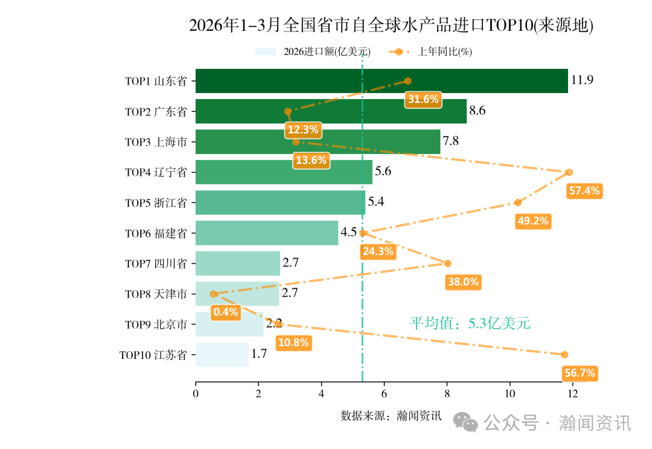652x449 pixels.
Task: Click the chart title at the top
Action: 391,25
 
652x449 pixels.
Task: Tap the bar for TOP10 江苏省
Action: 222,354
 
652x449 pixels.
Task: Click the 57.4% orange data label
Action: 584,191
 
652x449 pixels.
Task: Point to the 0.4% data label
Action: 226,312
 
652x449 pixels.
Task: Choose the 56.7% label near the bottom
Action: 580,373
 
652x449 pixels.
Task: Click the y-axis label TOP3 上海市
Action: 156,142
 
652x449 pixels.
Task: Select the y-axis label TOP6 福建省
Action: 156,233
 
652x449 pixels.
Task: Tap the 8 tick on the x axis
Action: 447,394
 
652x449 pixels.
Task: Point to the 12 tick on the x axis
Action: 572,394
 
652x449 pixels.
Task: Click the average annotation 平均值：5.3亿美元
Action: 470,323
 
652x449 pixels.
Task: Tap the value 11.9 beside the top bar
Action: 582,80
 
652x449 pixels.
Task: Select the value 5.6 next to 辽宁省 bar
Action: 383,172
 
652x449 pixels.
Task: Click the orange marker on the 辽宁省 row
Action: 569,172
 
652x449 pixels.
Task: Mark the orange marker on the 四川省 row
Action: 447,263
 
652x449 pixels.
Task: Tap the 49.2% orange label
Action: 532,221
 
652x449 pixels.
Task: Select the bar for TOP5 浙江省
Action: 280,202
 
